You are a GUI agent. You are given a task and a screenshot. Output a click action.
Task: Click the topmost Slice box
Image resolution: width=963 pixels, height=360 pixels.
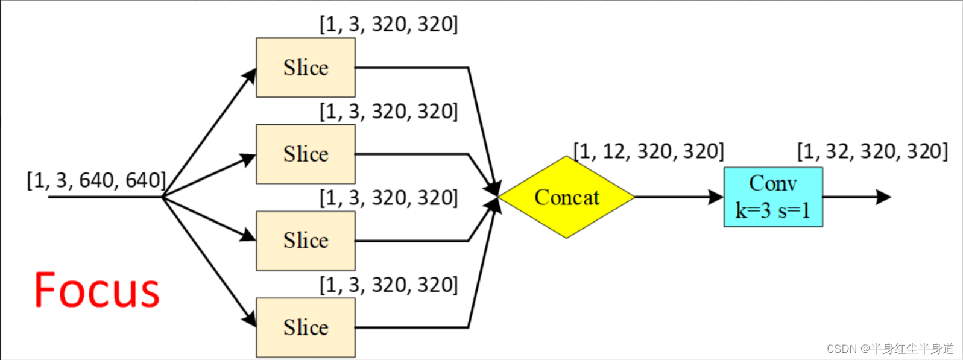(x=306, y=68)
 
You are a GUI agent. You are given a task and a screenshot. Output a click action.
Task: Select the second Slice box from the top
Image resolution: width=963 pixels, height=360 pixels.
(x=306, y=154)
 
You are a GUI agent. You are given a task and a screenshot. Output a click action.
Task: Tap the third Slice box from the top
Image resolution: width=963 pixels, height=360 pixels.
(x=306, y=241)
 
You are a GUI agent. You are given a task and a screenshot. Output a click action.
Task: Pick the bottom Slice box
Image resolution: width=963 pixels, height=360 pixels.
(x=306, y=327)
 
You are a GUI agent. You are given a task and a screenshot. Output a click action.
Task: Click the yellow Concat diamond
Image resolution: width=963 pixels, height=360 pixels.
(x=566, y=197)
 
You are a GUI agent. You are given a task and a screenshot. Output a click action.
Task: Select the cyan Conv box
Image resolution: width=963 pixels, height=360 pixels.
(x=773, y=197)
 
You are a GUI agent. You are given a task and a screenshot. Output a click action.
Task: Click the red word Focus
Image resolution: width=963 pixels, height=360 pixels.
(x=97, y=290)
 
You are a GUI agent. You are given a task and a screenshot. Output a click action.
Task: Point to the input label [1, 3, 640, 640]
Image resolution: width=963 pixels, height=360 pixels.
(x=96, y=180)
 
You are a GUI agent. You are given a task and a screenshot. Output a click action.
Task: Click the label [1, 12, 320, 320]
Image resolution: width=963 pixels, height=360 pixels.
(x=648, y=151)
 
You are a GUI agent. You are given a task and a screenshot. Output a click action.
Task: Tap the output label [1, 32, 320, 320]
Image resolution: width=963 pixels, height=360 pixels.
(x=872, y=151)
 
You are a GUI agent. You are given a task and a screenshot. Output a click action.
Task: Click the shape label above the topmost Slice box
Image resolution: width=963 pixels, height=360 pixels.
(x=388, y=24)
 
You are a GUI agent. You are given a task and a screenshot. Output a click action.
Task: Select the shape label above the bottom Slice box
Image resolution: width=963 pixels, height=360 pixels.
(x=388, y=285)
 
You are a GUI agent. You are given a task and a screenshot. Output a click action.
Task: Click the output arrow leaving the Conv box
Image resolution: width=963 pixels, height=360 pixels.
(x=856, y=197)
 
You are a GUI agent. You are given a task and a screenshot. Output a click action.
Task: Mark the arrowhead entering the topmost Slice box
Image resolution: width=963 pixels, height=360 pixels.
(x=250, y=76)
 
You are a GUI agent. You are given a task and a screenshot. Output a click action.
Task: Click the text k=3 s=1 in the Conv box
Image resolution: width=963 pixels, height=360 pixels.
(x=773, y=210)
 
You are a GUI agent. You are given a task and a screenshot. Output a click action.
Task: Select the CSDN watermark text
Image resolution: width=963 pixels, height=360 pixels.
(x=890, y=349)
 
